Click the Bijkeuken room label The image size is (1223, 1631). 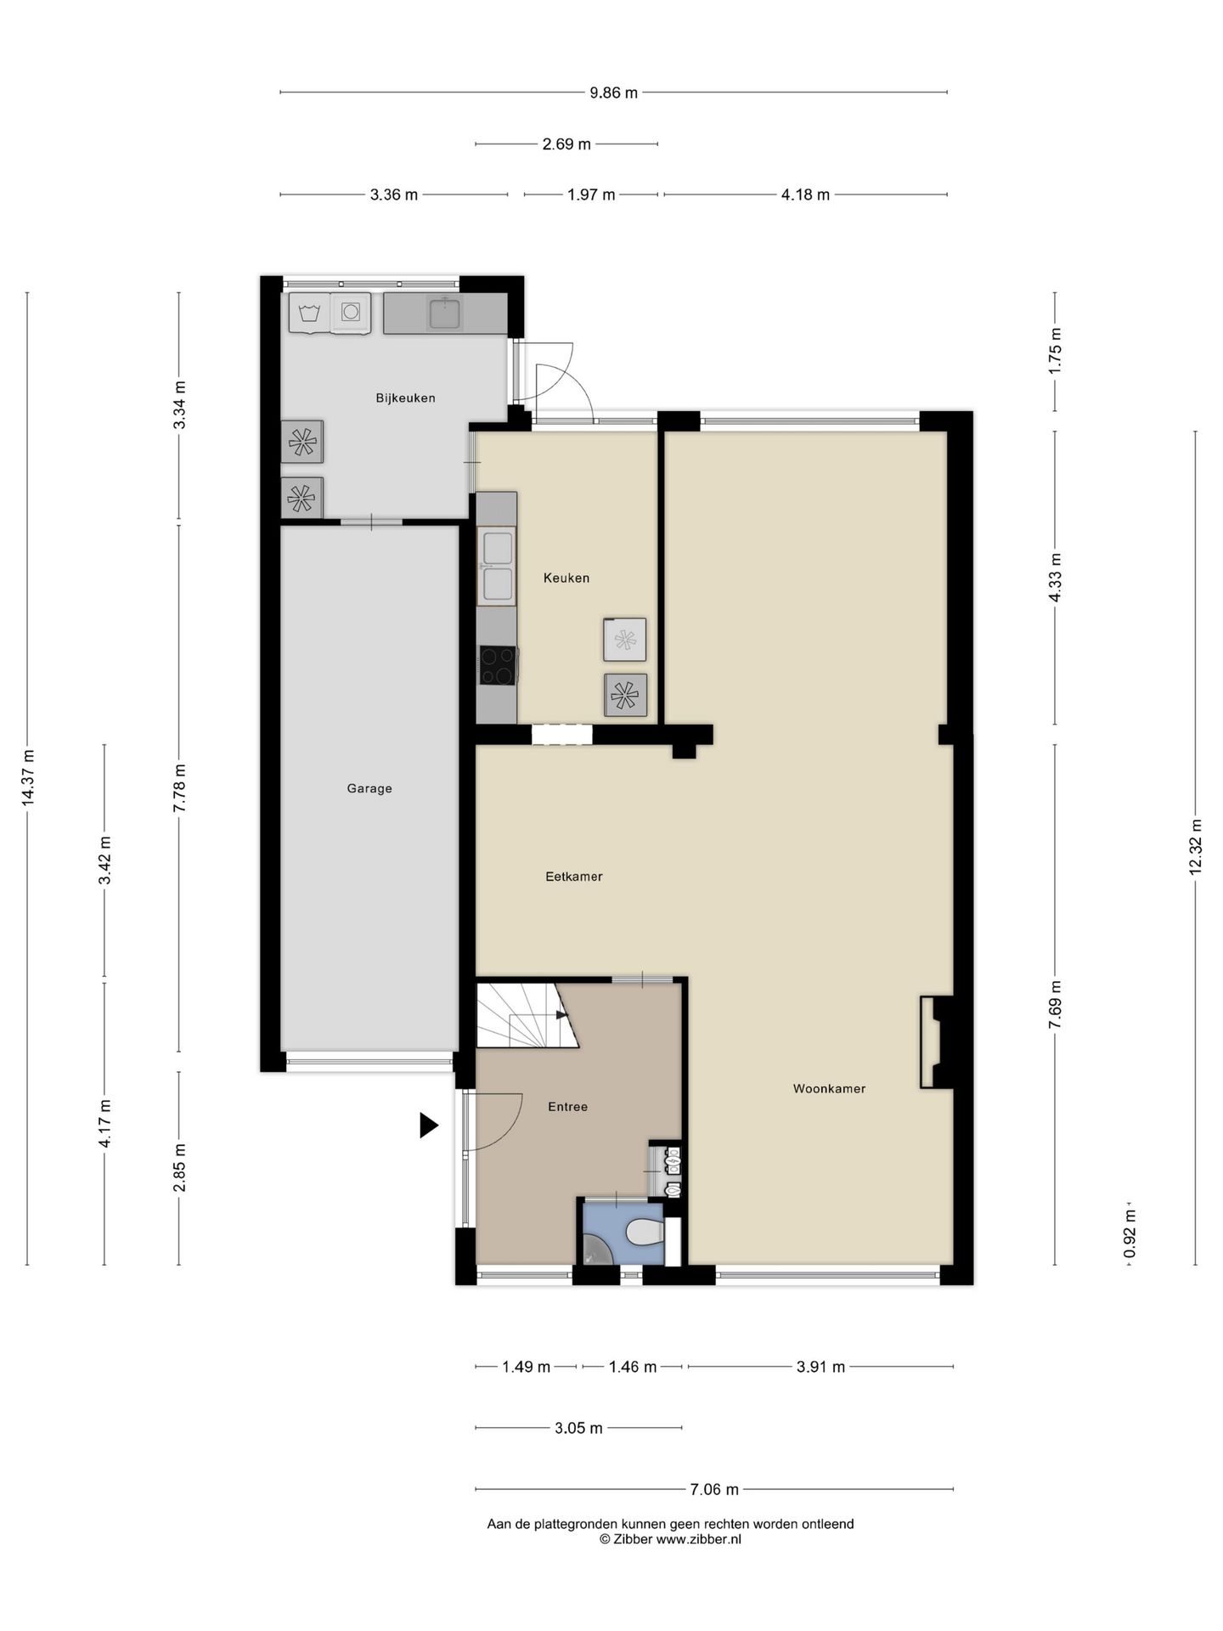[405, 398]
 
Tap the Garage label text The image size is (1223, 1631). [369, 788]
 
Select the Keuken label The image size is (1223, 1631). [566, 578]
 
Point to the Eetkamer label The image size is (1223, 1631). [574, 877]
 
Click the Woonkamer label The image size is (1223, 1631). [830, 1088]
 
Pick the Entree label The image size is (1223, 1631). [567, 1107]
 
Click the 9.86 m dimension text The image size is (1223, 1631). [614, 93]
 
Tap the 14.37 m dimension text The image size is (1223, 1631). [28, 778]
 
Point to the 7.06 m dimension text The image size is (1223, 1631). [714, 1489]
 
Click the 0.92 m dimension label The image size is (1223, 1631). [1130, 1233]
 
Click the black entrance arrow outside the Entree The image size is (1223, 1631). [429, 1126]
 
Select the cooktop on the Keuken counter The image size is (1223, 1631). [499, 665]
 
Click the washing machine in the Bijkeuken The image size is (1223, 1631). [351, 313]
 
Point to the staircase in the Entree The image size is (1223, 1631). [527, 1015]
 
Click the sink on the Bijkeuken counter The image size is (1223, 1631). [444, 313]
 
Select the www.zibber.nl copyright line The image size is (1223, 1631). [670, 1539]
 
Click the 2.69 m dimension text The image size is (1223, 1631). [566, 144]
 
